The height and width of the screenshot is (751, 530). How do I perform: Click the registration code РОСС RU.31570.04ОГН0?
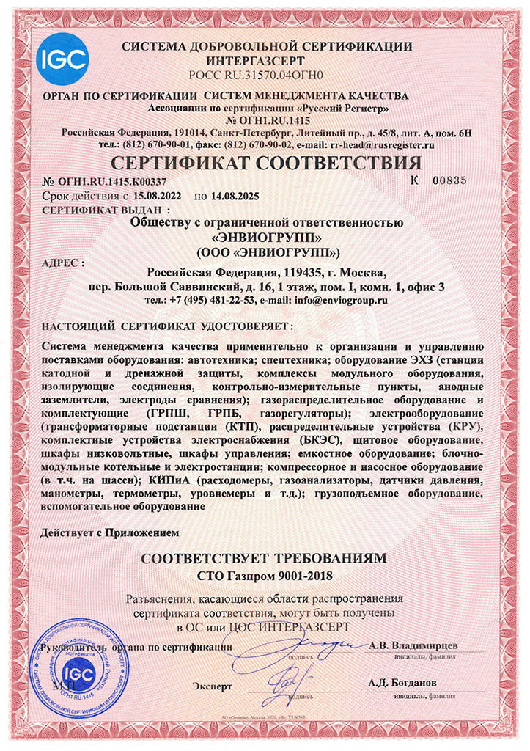tap(265, 75)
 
